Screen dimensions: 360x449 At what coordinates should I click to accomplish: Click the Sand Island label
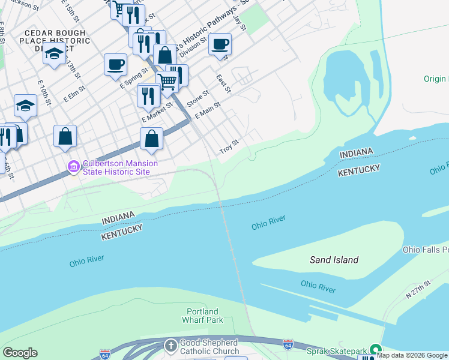point(334,260)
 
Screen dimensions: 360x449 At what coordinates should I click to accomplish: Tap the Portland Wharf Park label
point(202,316)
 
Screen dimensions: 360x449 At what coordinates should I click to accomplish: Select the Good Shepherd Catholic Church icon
point(171,346)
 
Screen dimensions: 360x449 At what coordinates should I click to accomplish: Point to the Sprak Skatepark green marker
point(376,349)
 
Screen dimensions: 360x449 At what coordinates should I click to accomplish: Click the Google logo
point(20,353)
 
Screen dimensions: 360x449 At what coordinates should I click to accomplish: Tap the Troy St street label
point(229,146)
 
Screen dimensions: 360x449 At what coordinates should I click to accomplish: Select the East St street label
point(223,84)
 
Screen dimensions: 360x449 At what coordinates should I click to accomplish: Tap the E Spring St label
point(133,79)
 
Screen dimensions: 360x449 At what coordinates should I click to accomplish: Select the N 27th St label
point(418,290)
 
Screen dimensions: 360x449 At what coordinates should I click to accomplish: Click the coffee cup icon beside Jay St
point(220,44)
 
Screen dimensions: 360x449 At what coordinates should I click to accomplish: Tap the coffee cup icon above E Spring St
point(115,64)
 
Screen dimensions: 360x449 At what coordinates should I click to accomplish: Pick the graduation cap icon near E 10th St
point(25,106)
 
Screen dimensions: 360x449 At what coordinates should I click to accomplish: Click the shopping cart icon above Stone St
point(167,80)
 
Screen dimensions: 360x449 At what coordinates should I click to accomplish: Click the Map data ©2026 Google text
point(412,355)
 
